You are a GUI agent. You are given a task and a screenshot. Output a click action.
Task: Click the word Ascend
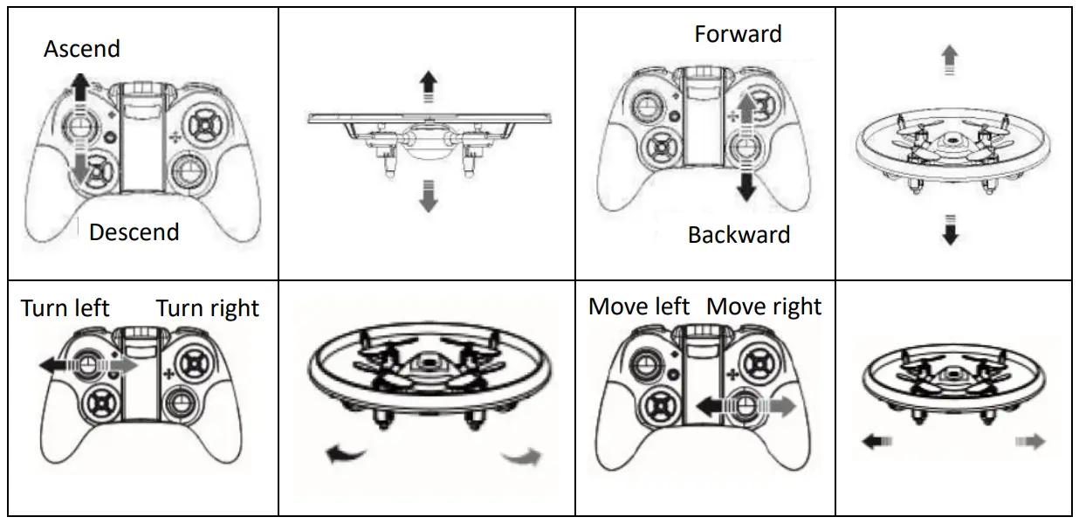82,49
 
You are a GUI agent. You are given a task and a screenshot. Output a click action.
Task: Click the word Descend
134,232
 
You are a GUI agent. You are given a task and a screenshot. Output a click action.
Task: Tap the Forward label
738,34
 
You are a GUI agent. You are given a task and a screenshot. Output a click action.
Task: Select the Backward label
739,235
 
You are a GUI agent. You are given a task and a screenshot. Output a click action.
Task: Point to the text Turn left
65,308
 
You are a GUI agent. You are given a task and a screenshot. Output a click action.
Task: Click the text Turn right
208,309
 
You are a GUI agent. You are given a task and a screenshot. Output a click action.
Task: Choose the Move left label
639,307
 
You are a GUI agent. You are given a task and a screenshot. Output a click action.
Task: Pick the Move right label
764,307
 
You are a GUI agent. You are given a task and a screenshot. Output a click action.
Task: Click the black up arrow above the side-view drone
428,84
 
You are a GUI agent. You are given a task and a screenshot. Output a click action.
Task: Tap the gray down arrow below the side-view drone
428,200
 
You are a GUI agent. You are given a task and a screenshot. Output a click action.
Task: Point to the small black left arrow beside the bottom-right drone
871,443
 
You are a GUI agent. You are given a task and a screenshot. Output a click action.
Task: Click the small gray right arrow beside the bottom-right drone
1032,443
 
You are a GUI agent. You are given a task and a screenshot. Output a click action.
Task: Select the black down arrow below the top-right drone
951,233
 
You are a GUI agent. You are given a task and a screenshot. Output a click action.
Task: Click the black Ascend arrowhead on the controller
79,85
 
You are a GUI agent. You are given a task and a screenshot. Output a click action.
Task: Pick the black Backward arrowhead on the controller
746,189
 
